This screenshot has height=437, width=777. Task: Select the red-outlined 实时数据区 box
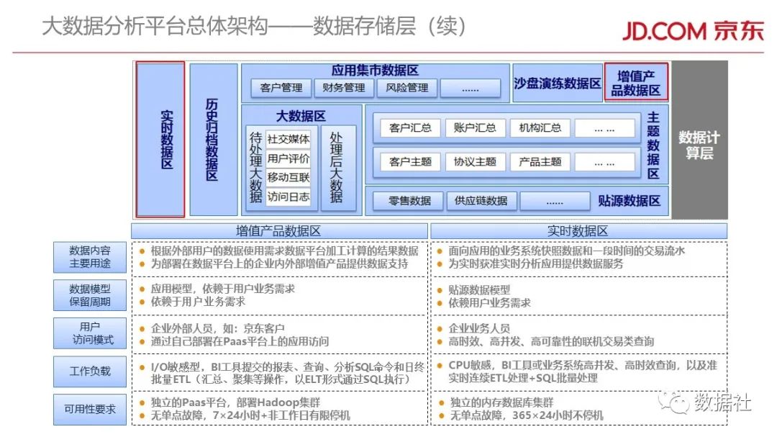point(160,139)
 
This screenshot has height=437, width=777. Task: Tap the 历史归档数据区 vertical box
point(213,139)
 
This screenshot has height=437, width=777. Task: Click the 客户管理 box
point(281,88)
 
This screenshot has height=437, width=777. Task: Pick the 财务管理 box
point(344,88)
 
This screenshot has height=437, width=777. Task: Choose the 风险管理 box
point(406,88)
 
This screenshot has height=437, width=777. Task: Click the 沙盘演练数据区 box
point(557,83)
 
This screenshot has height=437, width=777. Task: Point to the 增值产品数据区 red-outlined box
point(636,82)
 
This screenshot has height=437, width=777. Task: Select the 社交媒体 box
point(288,139)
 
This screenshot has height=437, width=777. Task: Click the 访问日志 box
point(288,197)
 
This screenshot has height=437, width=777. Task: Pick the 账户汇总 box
point(475,128)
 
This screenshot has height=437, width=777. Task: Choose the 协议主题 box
point(475,162)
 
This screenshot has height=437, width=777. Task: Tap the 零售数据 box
point(409,201)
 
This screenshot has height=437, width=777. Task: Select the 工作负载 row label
point(90,371)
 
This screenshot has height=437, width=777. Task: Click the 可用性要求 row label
point(90,408)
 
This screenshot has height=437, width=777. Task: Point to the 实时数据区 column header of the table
point(578,231)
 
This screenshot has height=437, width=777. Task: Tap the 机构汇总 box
point(540,128)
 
